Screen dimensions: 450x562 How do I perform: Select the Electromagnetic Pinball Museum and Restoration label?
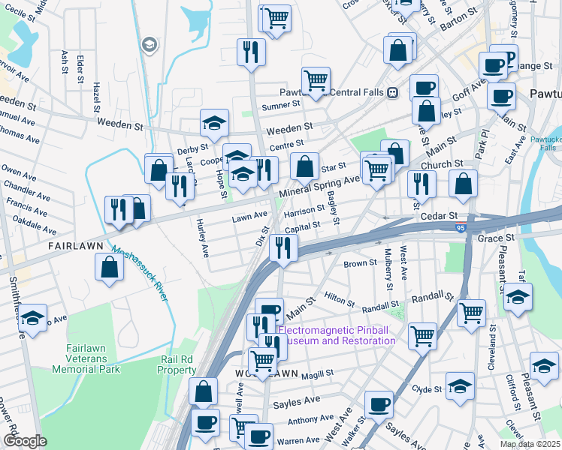pyautogui.click(x=337, y=335)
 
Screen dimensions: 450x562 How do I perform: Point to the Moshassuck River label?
pyautogui.click(x=139, y=274)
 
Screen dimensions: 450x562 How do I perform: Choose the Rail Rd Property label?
pyautogui.click(x=178, y=364)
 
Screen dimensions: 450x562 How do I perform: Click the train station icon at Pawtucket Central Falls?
pyautogui.click(x=391, y=93)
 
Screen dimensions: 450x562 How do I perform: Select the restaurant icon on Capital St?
pyautogui.click(x=283, y=247)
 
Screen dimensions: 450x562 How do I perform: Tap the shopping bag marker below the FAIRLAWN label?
pyautogui.click(x=110, y=267)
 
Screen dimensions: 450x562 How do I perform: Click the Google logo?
pyautogui.click(x=25, y=441)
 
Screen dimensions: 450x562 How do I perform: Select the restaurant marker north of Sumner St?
pyautogui.click(x=250, y=51)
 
